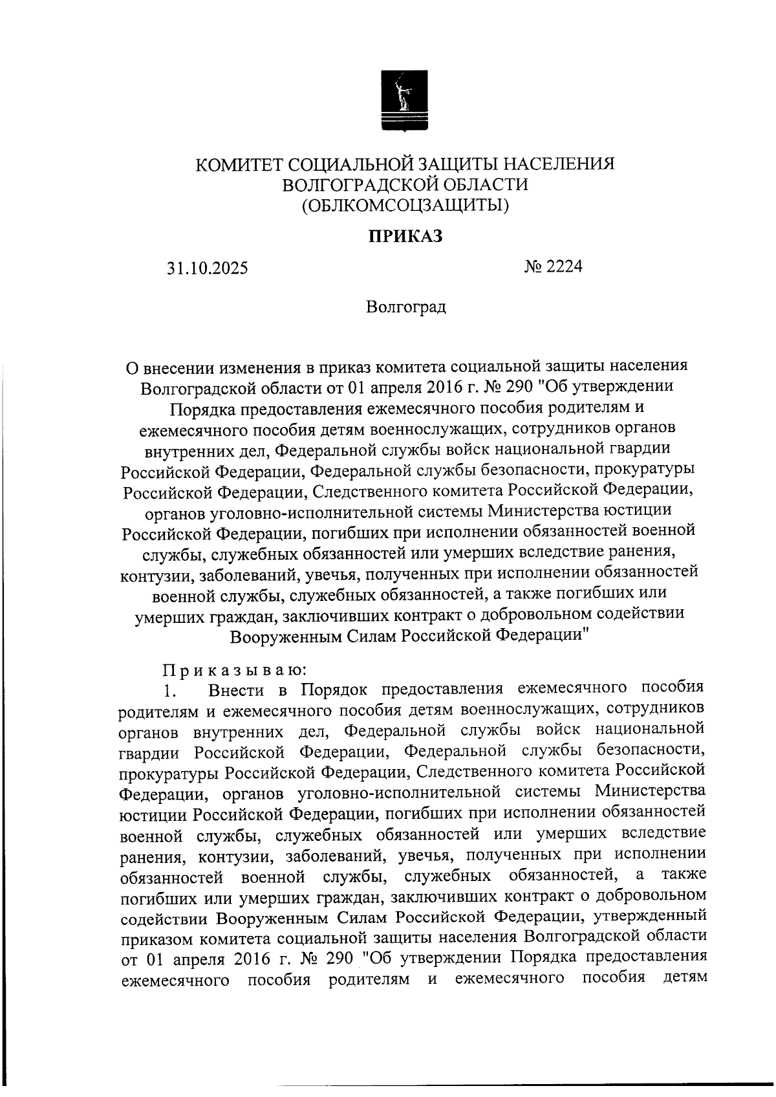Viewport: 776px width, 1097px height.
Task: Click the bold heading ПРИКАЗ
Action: coord(405,236)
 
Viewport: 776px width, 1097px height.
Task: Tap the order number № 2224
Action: coord(554,266)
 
